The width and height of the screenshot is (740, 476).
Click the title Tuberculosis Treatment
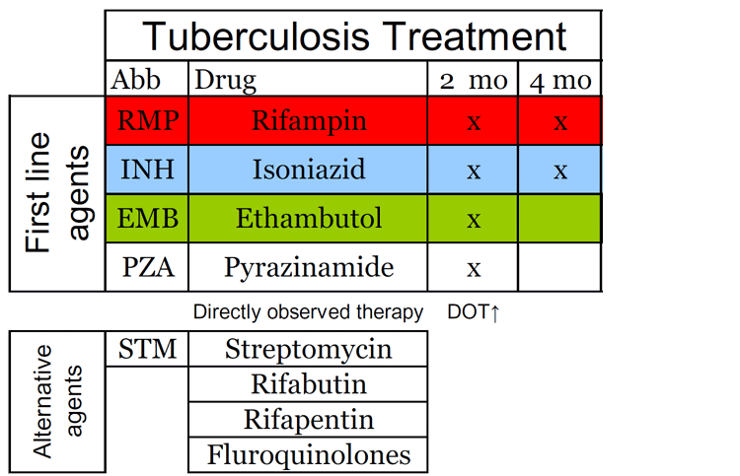click(x=354, y=36)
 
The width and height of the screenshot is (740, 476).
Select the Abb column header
click(x=136, y=80)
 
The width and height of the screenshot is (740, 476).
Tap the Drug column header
click(x=226, y=81)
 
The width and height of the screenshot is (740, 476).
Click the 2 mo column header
click(x=474, y=81)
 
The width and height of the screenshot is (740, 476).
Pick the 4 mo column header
click(x=560, y=81)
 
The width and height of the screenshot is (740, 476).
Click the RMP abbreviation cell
click(x=147, y=120)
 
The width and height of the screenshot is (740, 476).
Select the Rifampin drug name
click(x=309, y=120)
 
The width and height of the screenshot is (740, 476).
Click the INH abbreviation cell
click(x=147, y=170)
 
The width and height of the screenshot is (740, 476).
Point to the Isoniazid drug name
click(x=309, y=169)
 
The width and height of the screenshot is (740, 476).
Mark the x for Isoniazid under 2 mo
click(x=474, y=171)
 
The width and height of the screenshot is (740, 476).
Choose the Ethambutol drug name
click(x=309, y=218)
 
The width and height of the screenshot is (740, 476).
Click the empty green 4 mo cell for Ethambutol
click(x=559, y=218)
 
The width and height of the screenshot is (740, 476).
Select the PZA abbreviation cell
click(x=147, y=267)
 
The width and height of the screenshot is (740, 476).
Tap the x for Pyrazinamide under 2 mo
click(x=474, y=269)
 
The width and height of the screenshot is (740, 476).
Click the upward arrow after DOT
click(x=494, y=313)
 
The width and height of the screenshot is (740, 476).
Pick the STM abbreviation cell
click(x=147, y=349)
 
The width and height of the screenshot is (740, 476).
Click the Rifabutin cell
click(x=308, y=384)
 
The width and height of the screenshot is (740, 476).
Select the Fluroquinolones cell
click(x=308, y=454)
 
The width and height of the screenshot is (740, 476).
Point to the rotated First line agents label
click(x=57, y=192)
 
